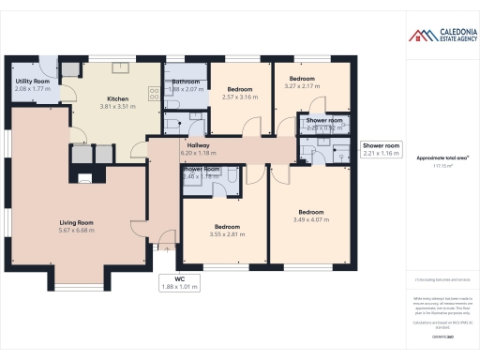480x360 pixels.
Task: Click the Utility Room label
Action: point(33,82)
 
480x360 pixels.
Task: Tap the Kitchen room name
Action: point(118,98)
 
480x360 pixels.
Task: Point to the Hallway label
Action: point(198,145)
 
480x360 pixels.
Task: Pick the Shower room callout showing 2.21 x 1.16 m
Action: point(382,149)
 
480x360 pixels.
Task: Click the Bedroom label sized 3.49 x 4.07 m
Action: point(310,212)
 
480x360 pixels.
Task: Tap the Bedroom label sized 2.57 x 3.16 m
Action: point(239,89)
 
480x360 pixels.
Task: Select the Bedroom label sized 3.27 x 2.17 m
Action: point(302,78)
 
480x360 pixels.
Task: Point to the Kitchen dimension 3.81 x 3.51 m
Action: point(118,107)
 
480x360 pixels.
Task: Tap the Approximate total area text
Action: point(435,158)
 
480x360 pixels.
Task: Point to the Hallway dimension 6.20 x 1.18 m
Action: point(198,153)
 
